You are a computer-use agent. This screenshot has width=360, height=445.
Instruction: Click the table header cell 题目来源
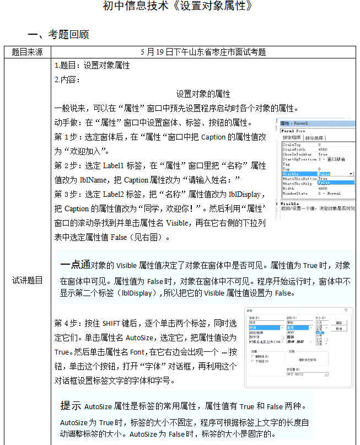click(x=27, y=52)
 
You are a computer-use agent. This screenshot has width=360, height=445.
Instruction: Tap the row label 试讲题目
click(x=27, y=280)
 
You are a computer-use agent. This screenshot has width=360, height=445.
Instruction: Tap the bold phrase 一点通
click(x=75, y=264)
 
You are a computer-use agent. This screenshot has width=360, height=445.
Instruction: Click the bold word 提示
click(x=71, y=406)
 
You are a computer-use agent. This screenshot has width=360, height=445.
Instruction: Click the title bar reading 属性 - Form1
click(x=295, y=123)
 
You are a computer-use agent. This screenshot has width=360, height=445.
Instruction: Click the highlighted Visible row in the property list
click(x=291, y=174)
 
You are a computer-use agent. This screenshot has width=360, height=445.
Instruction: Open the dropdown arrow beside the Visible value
click(x=351, y=174)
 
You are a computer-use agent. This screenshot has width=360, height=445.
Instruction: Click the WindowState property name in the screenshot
click(x=294, y=194)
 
